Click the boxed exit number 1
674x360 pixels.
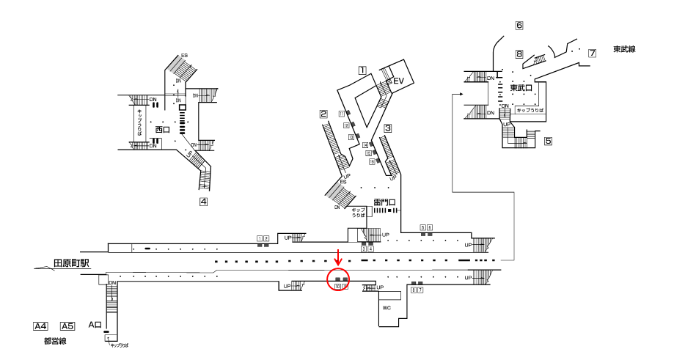click(x=362, y=71)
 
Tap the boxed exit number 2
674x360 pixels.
click(x=323, y=114)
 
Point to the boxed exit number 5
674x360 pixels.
click(x=548, y=140)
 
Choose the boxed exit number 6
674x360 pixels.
click(x=519, y=26)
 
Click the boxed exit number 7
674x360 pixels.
click(x=592, y=53)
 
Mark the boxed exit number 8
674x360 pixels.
click(x=519, y=54)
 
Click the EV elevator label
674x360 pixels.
click(x=399, y=81)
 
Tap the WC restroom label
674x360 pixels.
click(x=387, y=308)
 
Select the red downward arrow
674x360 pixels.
click(x=337, y=258)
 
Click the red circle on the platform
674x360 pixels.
click(x=338, y=279)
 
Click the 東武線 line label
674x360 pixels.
click(x=623, y=49)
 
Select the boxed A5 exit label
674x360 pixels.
click(x=67, y=326)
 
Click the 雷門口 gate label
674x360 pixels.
click(x=385, y=200)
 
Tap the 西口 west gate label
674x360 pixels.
click(x=162, y=129)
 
